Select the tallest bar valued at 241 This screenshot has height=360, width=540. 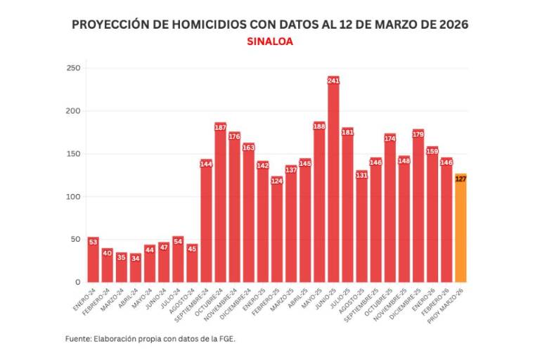[333, 183]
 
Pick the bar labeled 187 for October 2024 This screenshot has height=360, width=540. [220, 204]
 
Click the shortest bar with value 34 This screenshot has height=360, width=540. [135, 269]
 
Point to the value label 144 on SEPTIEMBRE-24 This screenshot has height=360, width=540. [206, 164]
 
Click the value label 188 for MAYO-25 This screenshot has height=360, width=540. [319, 127]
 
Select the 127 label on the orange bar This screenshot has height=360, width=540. [461, 179]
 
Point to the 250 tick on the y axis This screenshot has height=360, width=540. [74, 68]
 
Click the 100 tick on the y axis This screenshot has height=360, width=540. [74, 197]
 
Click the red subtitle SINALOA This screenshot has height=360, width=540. [270, 41]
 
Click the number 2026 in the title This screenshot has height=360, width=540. [449, 25]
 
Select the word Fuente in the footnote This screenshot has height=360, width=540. [77, 338]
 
